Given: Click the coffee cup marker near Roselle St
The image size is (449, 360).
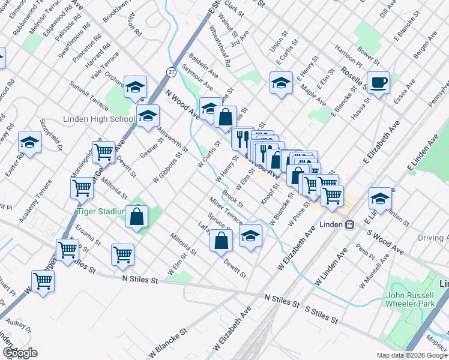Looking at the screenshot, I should coord(379,83).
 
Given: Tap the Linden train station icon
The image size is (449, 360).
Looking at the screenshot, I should coord(348,224).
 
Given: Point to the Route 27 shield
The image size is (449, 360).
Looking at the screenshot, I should coord(172,72).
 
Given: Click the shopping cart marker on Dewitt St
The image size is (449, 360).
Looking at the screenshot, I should coord(103,152).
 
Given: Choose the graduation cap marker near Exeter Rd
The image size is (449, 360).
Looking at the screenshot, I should coord(29,143).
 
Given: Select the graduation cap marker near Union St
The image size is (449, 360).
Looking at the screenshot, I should coord(281,83).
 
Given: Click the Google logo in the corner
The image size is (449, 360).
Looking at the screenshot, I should coord(20,353).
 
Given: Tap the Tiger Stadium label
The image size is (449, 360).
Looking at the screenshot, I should coord(100,211).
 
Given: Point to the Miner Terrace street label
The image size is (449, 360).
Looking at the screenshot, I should coord(226,210).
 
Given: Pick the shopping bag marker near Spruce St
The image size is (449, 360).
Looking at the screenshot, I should coord(221,240).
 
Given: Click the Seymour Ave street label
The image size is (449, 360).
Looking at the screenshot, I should coord(197,79).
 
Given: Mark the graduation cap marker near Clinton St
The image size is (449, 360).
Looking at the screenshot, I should coord(380,199).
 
